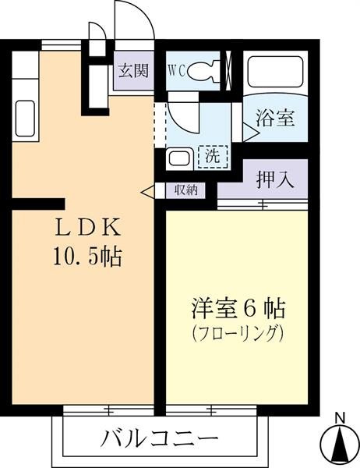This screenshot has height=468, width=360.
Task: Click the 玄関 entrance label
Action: click(x=132, y=71)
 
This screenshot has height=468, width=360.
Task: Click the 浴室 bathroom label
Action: click(x=274, y=119)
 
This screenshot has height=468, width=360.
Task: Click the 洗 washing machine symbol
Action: click(x=212, y=155)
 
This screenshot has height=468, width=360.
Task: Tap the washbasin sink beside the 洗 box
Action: click(x=180, y=158)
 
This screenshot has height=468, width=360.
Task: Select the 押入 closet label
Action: click(x=274, y=179)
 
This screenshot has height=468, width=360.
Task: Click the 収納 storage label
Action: click(x=186, y=190)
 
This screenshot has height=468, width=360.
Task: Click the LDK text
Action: click(x=87, y=229)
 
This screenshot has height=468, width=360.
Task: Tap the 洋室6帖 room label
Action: click(x=238, y=307)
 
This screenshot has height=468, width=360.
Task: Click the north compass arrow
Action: click(x=338, y=445)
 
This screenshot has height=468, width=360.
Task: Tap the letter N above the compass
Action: click(x=339, y=416)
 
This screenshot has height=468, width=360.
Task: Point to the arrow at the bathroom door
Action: click(x=249, y=131)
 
